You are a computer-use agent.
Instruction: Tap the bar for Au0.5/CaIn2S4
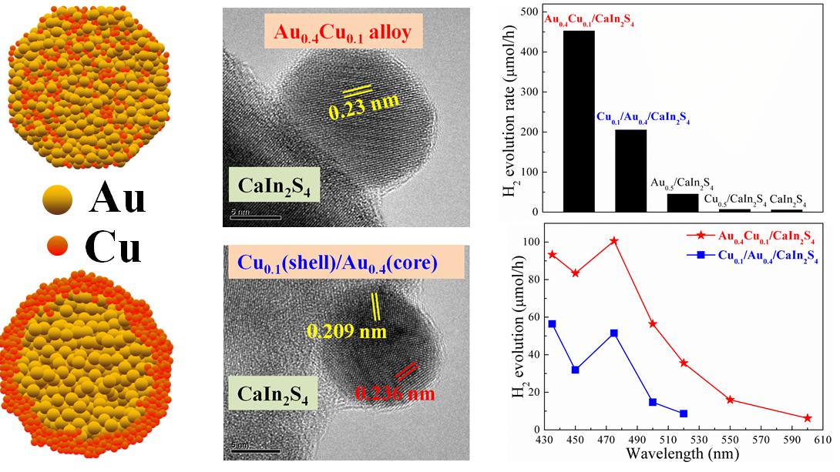(682, 203)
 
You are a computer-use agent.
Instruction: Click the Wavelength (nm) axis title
(672, 454)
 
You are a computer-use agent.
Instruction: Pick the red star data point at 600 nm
(808, 418)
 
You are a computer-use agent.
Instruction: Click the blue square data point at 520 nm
(684, 413)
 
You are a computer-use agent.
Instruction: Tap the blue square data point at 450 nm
(576, 370)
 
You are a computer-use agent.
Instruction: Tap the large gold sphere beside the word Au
(58, 200)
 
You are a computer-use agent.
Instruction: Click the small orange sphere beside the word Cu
(58, 247)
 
